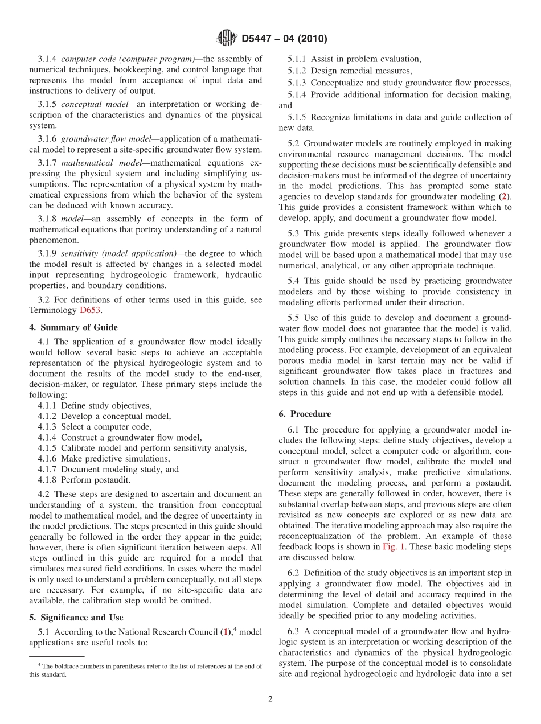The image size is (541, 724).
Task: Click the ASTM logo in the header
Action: coord(227,39)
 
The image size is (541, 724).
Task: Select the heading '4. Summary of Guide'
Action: coord(73,327)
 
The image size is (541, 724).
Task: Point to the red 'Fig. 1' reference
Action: coord(394,546)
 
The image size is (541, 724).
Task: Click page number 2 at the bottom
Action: coord(270,699)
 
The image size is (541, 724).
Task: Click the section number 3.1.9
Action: coord(47,254)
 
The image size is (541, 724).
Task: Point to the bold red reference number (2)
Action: coord(503,196)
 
